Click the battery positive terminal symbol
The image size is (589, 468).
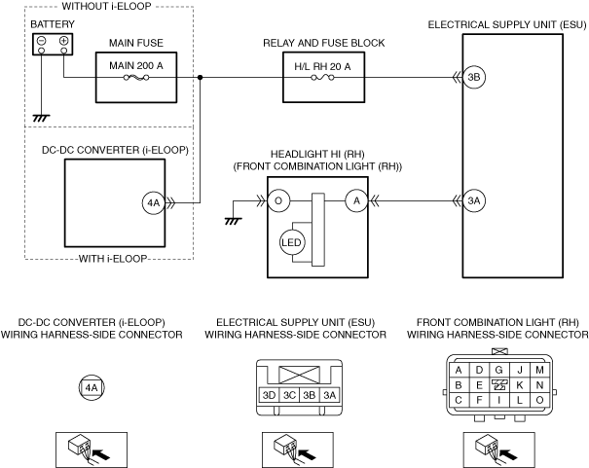(x=64, y=41)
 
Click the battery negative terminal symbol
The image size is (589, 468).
(x=42, y=41)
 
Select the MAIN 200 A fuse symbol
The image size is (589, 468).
(x=136, y=78)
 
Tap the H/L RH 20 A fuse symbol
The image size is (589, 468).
(x=322, y=78)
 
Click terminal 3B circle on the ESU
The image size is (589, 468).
(x=474, y=77)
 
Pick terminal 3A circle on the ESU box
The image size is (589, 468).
(x=474, y=200)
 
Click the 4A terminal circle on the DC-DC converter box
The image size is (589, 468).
(x=153, y=203)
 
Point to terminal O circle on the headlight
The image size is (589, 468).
(x=278, y=200)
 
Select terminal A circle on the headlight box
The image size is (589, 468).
(x=356, y=200)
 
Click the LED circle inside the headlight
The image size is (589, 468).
(x=291, y=242)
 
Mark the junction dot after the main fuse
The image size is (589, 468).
(x=201, y=77)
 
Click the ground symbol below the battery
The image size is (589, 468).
(x=41, y=119)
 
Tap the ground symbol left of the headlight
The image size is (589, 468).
(x=233, y=222)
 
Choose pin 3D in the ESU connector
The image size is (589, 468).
(x=269, y=395)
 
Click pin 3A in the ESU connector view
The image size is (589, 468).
(x=329, y=395)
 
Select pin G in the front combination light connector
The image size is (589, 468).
(x=498, y=370)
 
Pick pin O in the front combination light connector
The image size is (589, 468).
(x=539, y=400)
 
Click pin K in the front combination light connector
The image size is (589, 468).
(x=520, y=385)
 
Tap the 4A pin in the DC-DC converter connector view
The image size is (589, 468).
(x=92, y=387)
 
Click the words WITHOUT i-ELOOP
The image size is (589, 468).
(x=106, y=6)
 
